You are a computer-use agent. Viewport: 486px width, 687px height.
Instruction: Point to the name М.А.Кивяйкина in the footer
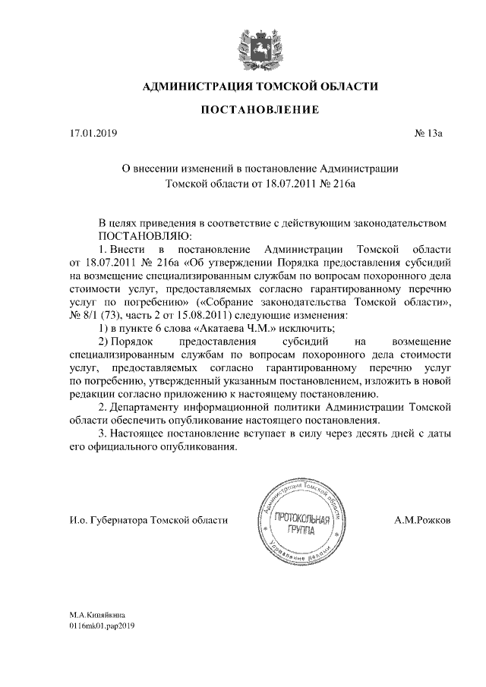pos(98,614)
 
